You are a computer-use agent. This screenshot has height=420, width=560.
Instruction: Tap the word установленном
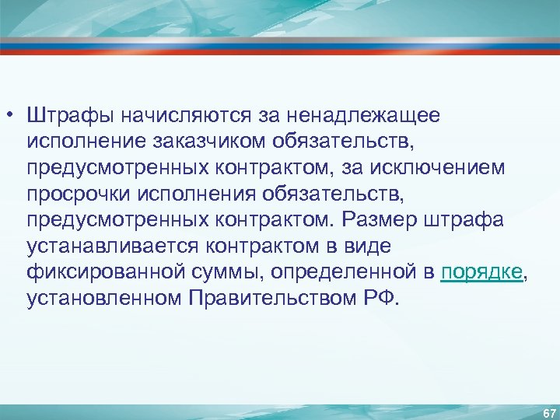(101, 299)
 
